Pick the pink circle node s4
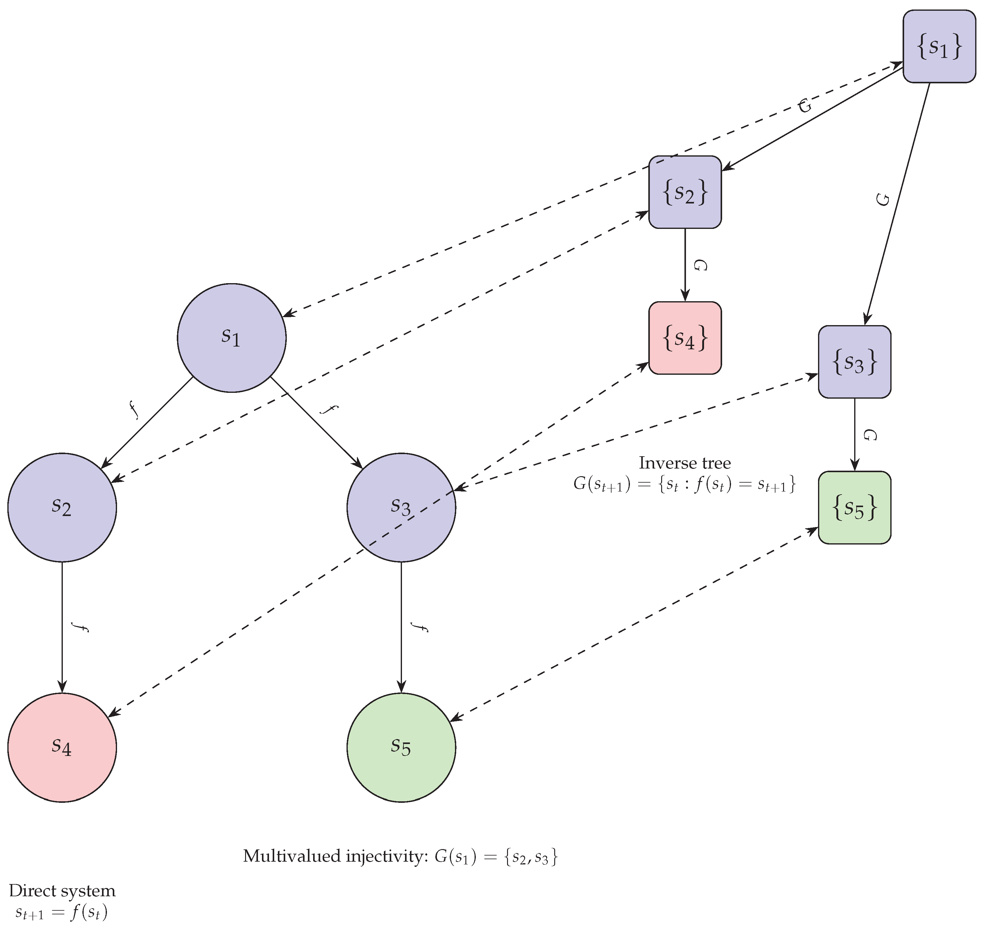62,747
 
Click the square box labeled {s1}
939,47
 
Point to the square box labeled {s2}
685,192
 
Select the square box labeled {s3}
854,362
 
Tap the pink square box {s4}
685,338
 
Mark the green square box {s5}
854,507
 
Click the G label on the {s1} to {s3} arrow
883,199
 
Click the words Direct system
62,891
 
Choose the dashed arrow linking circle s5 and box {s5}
634,624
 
